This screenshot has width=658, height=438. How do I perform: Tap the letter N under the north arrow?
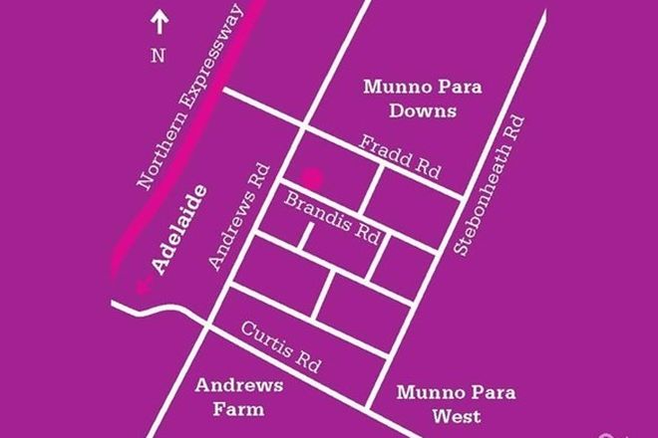coord(158,56)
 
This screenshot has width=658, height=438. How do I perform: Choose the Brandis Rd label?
coord(331,215)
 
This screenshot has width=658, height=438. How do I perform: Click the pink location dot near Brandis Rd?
coord(313,179)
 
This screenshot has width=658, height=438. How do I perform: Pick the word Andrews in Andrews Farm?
coord(239,384)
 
